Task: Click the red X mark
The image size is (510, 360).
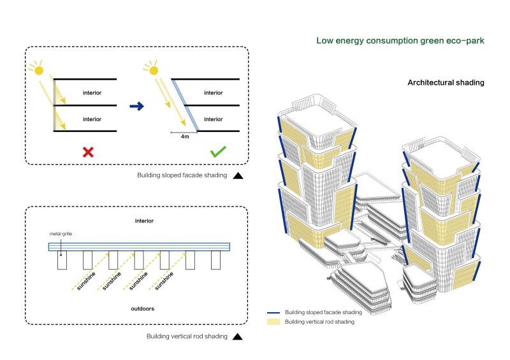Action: point(88,152)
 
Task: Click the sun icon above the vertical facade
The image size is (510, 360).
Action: point(38,69)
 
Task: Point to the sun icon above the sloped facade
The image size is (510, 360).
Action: point(151,68)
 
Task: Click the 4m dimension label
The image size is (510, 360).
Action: point(184,136)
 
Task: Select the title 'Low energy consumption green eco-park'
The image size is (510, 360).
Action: point(400,41)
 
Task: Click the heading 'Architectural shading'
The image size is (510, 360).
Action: point(446,83)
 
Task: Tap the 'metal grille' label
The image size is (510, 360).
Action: point(62,234)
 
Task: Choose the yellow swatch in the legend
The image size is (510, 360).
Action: point(274,322)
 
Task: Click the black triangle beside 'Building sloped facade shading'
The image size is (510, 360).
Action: point(238,176)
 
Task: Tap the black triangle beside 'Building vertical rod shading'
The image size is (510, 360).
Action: point(238,336)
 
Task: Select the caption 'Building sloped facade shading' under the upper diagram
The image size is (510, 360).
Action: point(182,176)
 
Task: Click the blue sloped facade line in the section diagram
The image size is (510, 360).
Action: point(185,105)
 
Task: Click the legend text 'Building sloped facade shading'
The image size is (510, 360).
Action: point(323,313)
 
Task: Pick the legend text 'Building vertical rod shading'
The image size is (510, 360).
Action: point(319,322)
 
